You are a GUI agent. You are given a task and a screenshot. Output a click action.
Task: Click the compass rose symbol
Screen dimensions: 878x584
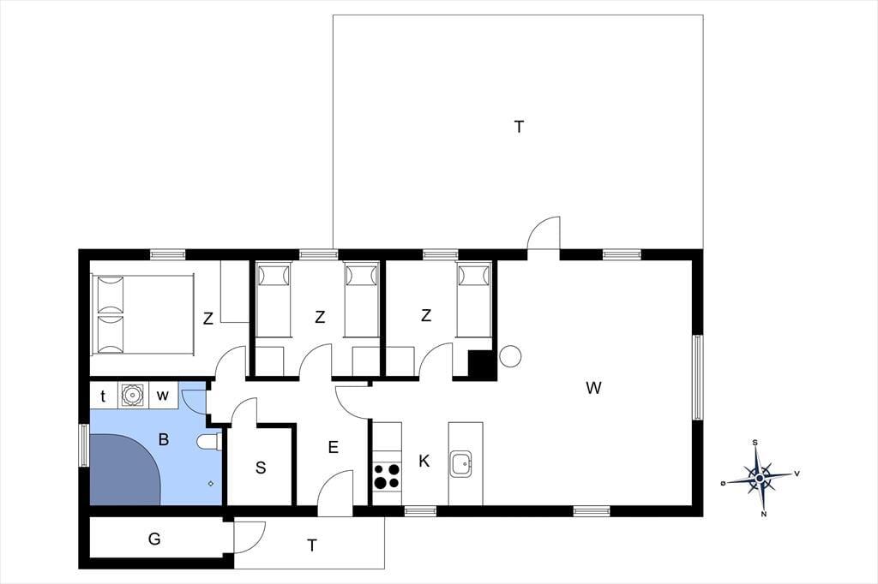pyautogui.click(x=760, y=479)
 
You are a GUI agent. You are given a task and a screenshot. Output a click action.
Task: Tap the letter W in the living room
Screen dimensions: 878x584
pyautogui.click(x=593, y=388)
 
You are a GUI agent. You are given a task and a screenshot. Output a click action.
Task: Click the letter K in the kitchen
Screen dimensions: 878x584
pyautogui.click(x=424, y=461)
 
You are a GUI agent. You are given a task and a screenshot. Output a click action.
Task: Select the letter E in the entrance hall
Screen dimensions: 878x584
pyautogui.click(x=334, y=447)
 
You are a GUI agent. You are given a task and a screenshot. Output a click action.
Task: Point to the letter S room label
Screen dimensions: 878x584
pyautogui.click(x=261, y=468)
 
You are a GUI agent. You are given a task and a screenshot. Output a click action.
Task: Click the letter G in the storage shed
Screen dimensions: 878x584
pyautogui.click(x=154, y=539)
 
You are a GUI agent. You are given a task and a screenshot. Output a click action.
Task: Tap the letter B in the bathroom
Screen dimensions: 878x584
pyautogui.click(x=164, y=439)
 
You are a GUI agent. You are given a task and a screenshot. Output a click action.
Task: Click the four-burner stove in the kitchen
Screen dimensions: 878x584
pyautogui.click(x=387, y=476)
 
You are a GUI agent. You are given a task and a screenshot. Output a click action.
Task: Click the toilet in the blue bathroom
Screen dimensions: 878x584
pyautogui.click(x=209, y=442)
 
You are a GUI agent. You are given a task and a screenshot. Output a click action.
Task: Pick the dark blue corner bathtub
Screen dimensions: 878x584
pyautogui.click(x=125, y=469)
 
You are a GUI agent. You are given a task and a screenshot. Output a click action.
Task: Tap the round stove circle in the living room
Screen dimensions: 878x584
pyautogui.click(x=510, y=356)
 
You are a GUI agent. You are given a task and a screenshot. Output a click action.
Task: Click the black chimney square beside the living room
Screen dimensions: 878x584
pyautogui.click(x=480, y=364)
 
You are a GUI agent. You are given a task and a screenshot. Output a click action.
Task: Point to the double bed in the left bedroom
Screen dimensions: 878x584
pyautogui.click(x=143, y=313)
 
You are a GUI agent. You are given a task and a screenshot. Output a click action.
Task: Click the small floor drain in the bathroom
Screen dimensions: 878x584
pyautogui.click(x=211, y=483)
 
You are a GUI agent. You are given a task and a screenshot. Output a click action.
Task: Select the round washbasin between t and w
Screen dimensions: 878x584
pyautogui.click(x=133, y=396)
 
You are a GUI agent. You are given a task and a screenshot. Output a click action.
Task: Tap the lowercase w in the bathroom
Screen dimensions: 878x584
pyautogui.click(x=162, y=396)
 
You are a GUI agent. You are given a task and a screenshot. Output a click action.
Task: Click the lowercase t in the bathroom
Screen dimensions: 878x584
pyautogui.click(x=103, y=396)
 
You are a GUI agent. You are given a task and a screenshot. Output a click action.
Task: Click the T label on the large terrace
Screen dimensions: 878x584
pyautogui.click(x=519, y=127)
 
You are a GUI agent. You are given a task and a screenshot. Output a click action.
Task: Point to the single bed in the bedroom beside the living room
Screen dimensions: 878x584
pyautogui.click(x=474, y=301)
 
